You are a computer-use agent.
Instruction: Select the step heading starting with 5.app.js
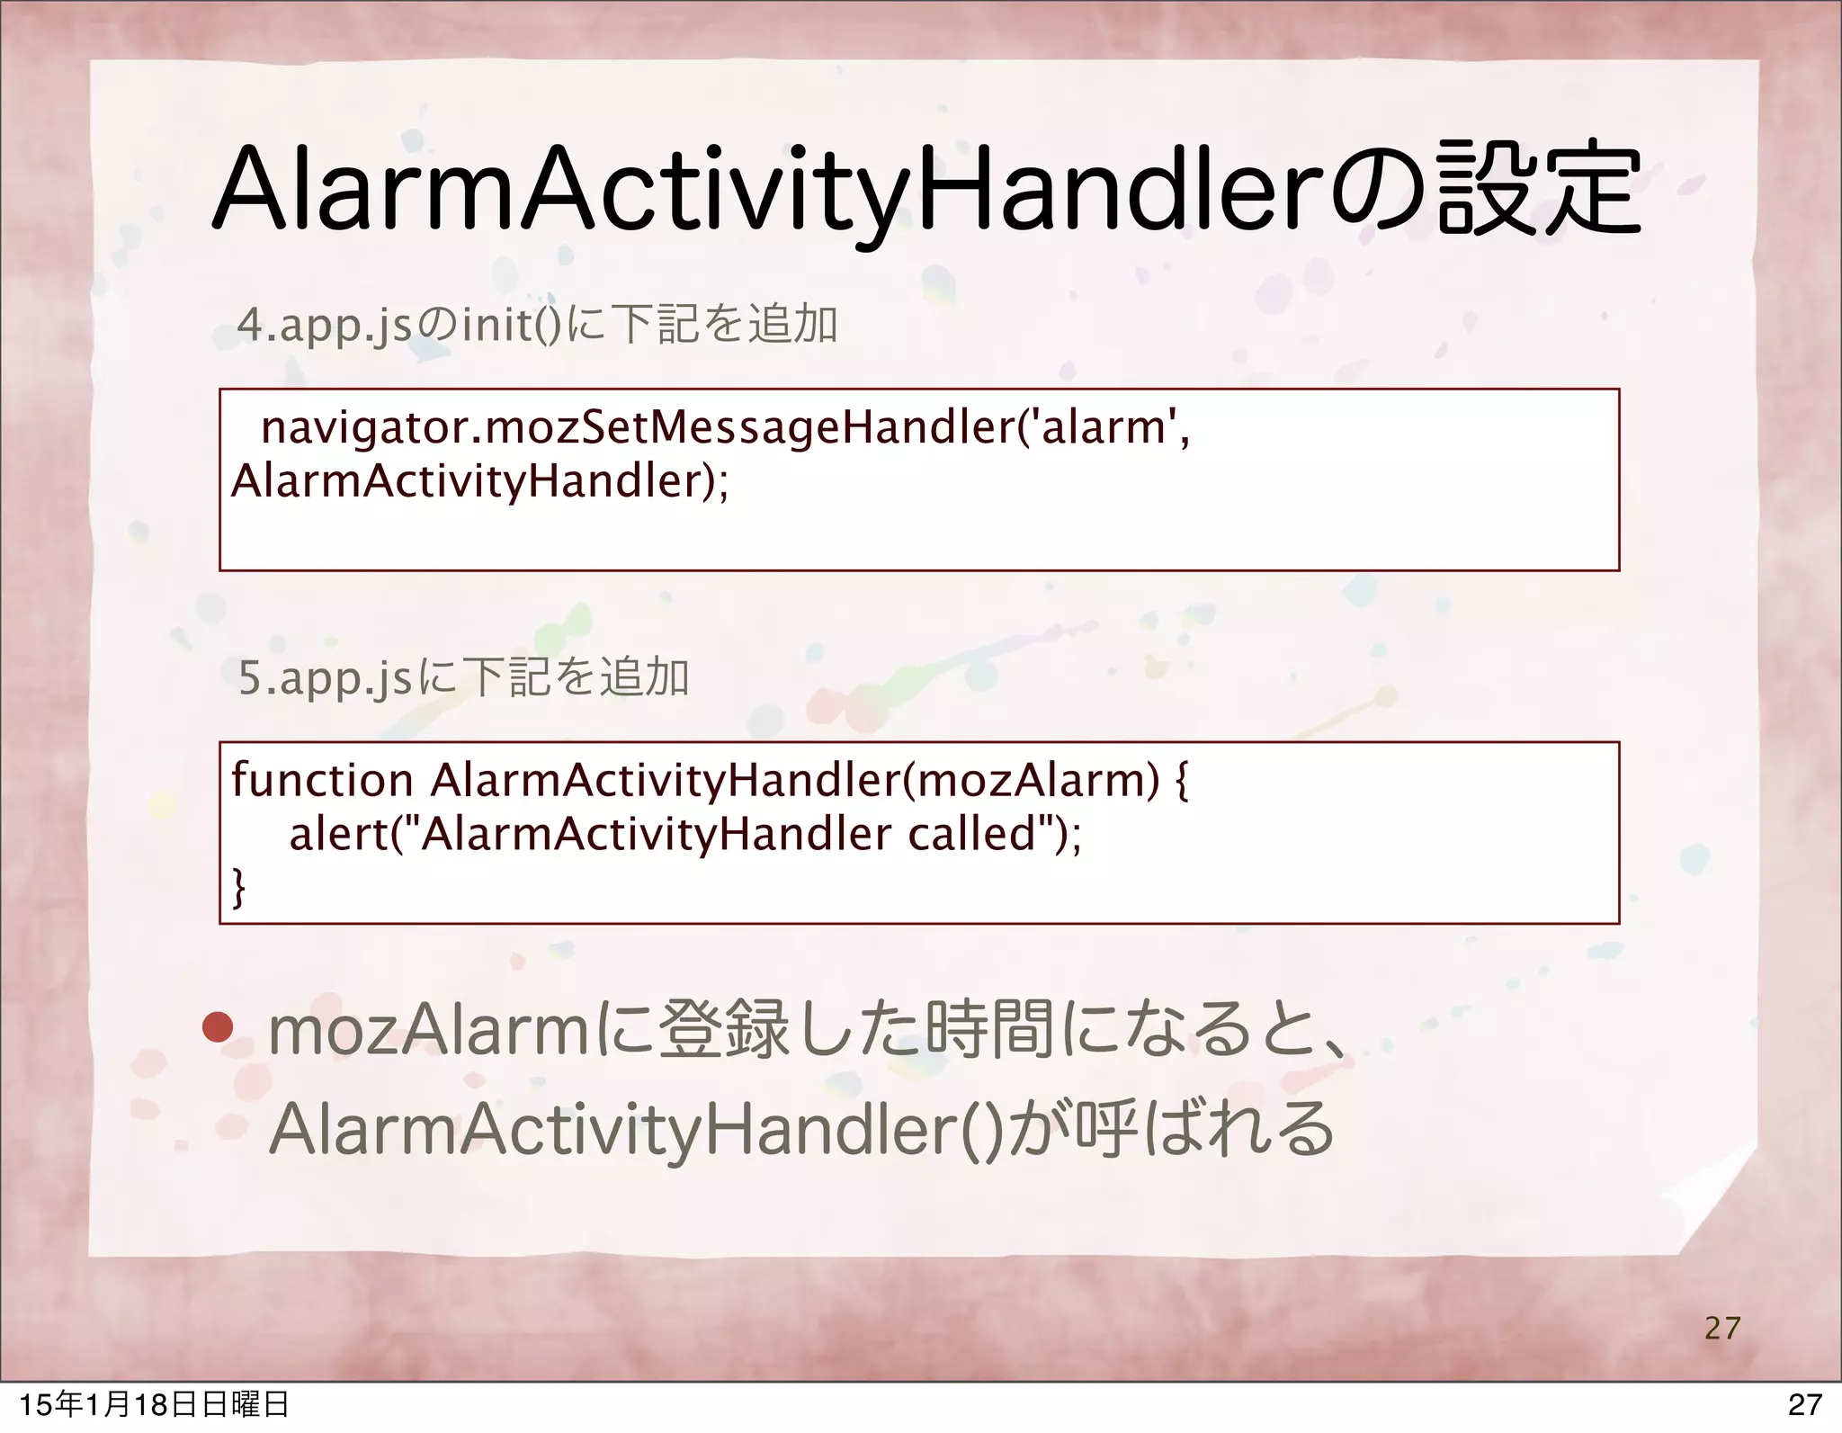[464, 677]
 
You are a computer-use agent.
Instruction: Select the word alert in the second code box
[336, 834]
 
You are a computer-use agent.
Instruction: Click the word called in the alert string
[972, 834]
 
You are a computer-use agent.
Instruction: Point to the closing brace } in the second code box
[238, 888]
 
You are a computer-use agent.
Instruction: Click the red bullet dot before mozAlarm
[217, 1028]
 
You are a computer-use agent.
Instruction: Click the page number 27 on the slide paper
[1721, 1328]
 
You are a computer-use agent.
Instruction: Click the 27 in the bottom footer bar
[1803, 1405]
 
